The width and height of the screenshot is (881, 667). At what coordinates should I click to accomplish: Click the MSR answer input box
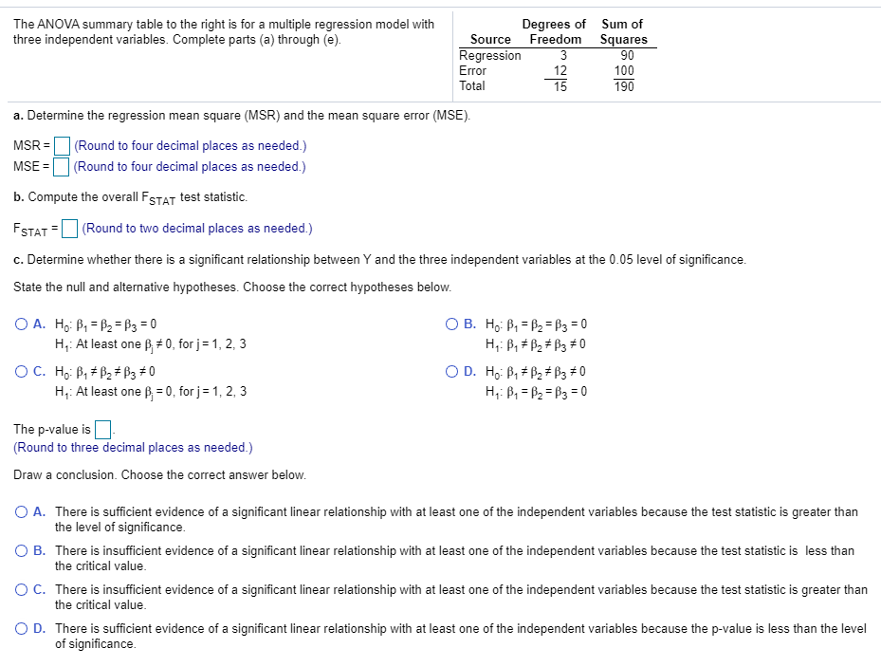pos(63,146)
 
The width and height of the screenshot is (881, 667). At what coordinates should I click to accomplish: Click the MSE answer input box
pos(62,167)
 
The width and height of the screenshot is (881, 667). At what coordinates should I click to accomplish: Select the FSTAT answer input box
pos(70,229)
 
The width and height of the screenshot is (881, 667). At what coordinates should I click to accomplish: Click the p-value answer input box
pos(103,430)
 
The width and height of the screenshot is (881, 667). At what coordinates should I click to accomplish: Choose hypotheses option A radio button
pos(21,324)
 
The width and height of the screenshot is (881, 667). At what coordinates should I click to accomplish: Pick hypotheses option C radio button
pos(21,372)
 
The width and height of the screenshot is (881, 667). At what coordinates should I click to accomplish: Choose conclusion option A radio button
pos(21,512)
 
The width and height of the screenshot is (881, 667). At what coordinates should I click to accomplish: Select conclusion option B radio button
pos(21,551)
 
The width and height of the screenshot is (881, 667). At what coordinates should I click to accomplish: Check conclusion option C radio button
pos(21,590)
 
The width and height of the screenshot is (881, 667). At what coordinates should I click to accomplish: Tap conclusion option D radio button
pos(21,629)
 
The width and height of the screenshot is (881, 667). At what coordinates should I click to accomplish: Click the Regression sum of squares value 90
pos(624,55)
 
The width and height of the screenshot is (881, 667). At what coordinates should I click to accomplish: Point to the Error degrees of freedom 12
pos(560,70)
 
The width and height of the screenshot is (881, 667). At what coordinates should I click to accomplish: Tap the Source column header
pos(490,39)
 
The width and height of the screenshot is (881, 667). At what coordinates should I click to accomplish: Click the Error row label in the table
pos(472,70)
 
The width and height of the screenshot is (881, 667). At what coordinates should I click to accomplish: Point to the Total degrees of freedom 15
pos(560,86)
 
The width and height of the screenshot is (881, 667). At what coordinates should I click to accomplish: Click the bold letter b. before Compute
pos(19,197)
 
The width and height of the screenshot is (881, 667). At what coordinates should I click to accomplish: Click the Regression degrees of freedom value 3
pos(562,55)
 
